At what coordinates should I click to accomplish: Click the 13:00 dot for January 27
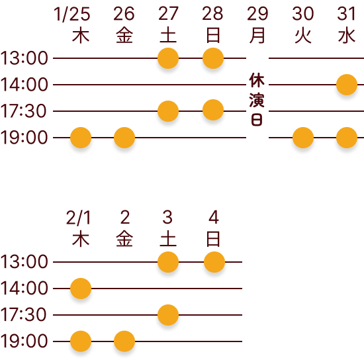pyautogui.click(x=168, y=58)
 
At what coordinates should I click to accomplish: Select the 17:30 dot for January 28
pyautogui.click(x=213, y=110)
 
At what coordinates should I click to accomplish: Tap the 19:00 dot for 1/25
pyautogui.click(x=81, y=138)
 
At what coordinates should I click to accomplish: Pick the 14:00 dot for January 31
pyautogui.click(x=347, y=85)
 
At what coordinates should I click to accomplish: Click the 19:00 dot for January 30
pyautogui.click(x=303, y=138)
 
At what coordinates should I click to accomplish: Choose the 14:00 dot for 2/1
pyautogui.click(x=81, y=289)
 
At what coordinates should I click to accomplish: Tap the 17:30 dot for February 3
pyautogui.click(x=168, y=315)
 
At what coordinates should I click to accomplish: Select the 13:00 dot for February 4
pyautogui.click(x=214, y=262)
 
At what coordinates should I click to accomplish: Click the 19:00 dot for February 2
pyautogui.click(x=124, y=341)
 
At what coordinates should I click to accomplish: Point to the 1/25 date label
pyautogui.click(x=72, y=14)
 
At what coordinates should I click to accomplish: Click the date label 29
pyautogui.click(x=257, y=14)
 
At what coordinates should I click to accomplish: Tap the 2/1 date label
pyautogui.click(x=79, y=218)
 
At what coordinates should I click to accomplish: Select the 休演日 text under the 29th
pyautogui.click(x=257, y=99)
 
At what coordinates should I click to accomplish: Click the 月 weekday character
pyautogui.click(x=257, y=36)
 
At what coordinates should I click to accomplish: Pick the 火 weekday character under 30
pyautogui.click(x=303, y=36)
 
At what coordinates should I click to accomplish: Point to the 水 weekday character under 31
pyautogui.click(x=347, y=36)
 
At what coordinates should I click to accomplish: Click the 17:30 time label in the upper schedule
pyautogui.click(x=23, y=111)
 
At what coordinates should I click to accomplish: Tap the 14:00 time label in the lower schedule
pyautogui.click(x=24, y=289)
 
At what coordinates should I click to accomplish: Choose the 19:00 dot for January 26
pyautogui.click(x=124, y=138)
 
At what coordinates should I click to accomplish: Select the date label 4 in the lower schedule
pyautogui.click(x=214, y=217)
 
